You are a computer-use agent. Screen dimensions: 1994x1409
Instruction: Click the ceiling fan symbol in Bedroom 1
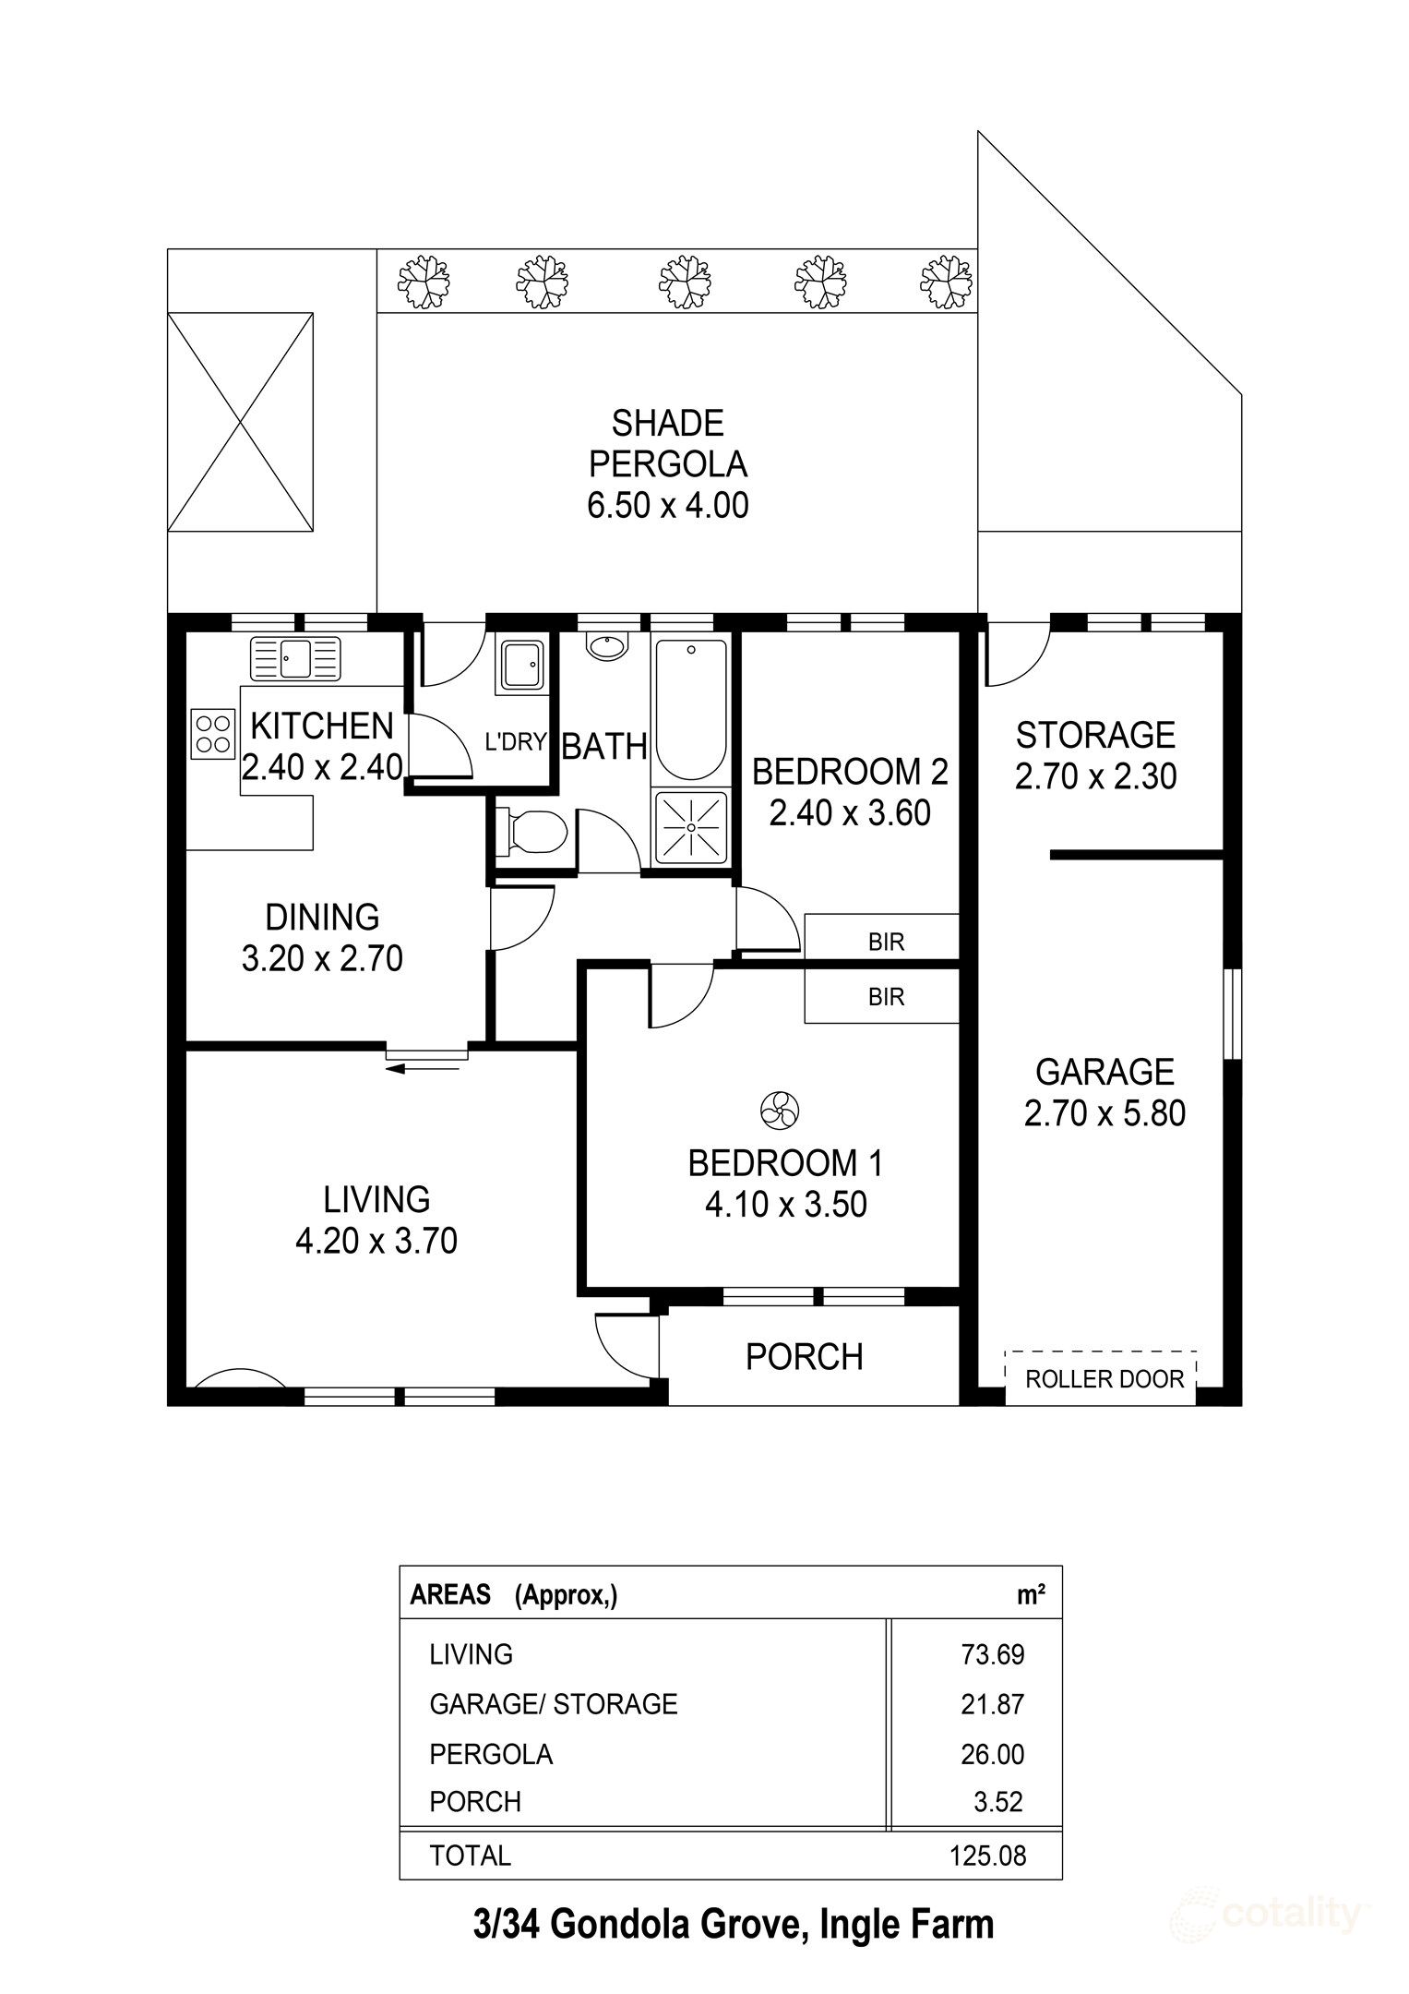coord(781,1109)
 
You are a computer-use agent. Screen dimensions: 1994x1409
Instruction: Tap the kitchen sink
coord(295,658)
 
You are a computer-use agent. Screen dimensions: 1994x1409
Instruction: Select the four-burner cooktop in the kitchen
coord(212,733)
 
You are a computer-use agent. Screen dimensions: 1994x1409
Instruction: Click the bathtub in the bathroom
coord(690,709)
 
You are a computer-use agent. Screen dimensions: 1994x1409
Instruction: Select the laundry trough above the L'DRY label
coord(522,664)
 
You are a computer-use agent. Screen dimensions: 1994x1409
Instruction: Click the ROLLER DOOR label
coord(1105,1379)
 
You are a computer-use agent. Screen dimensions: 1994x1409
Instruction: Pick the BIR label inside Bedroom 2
coord(886,942)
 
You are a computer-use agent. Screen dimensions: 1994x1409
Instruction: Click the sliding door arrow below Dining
coord(423,1069)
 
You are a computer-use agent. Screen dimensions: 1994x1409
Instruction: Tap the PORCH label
coord(805,1357)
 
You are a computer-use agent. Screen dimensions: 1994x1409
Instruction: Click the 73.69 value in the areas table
coord(993,1653)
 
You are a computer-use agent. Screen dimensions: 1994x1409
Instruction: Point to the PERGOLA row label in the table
coord(491,1754)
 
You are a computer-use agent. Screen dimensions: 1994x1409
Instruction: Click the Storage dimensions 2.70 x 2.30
coord(1095,776)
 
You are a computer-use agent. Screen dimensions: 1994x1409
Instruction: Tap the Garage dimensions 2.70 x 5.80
coord(1105,1113)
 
